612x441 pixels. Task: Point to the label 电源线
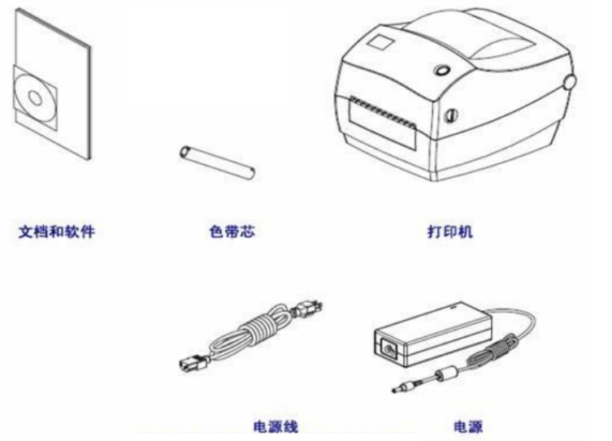click(276, 426)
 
